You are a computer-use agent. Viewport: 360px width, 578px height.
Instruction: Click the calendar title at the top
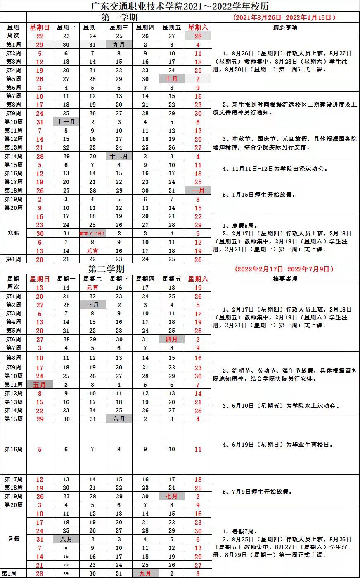180,6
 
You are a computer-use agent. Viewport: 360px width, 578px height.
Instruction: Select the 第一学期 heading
119,17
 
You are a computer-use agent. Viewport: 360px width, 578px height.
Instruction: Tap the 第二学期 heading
106,269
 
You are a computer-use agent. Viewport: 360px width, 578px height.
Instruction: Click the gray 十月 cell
172,79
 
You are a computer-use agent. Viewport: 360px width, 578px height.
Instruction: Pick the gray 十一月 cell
66,122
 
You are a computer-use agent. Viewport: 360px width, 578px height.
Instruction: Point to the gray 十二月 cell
119,156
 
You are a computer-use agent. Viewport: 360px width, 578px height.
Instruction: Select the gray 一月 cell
198,190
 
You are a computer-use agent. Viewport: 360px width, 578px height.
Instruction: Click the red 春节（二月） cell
92,233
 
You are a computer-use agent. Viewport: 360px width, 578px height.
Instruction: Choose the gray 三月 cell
92,305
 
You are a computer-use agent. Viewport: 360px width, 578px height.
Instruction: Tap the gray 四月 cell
172,339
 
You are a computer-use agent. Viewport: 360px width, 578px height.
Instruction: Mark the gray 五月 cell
40,385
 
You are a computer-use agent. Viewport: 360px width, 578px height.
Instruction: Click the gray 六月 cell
119,419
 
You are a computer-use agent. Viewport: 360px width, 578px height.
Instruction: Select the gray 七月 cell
172,496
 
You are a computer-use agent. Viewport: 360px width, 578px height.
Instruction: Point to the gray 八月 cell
66,539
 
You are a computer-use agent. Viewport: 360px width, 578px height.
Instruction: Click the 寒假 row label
14,233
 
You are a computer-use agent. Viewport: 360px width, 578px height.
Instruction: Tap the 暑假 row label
14,539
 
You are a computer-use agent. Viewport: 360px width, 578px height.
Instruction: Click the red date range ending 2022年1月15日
284,17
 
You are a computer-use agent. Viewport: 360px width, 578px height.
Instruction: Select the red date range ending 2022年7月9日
284,269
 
